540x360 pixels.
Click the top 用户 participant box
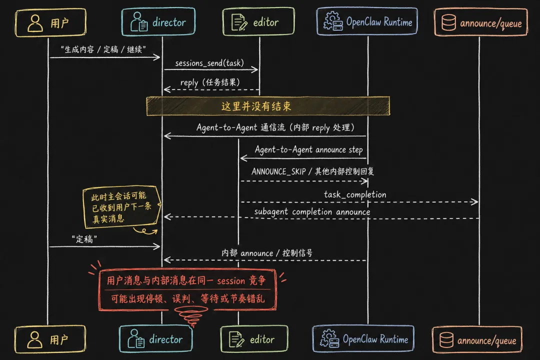coord(50,23)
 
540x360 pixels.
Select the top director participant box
coord(158,22)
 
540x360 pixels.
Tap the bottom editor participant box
coord(254,339)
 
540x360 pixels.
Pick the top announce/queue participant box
coord(480,23)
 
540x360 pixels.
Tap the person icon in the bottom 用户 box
coord(34,340)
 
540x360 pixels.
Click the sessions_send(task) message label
coord(210,63)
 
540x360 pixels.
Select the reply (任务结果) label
coord(209,82)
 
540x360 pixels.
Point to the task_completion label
coord(355,194)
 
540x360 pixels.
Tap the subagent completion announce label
coord(312,212)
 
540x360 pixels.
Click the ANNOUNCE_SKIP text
coord(278,171)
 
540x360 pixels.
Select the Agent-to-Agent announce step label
coord(308,149)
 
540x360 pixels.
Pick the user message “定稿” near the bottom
coord(83,239)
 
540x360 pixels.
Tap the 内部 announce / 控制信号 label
coord(267,253)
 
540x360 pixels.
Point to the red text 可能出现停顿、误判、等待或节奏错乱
coord(187,299)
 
